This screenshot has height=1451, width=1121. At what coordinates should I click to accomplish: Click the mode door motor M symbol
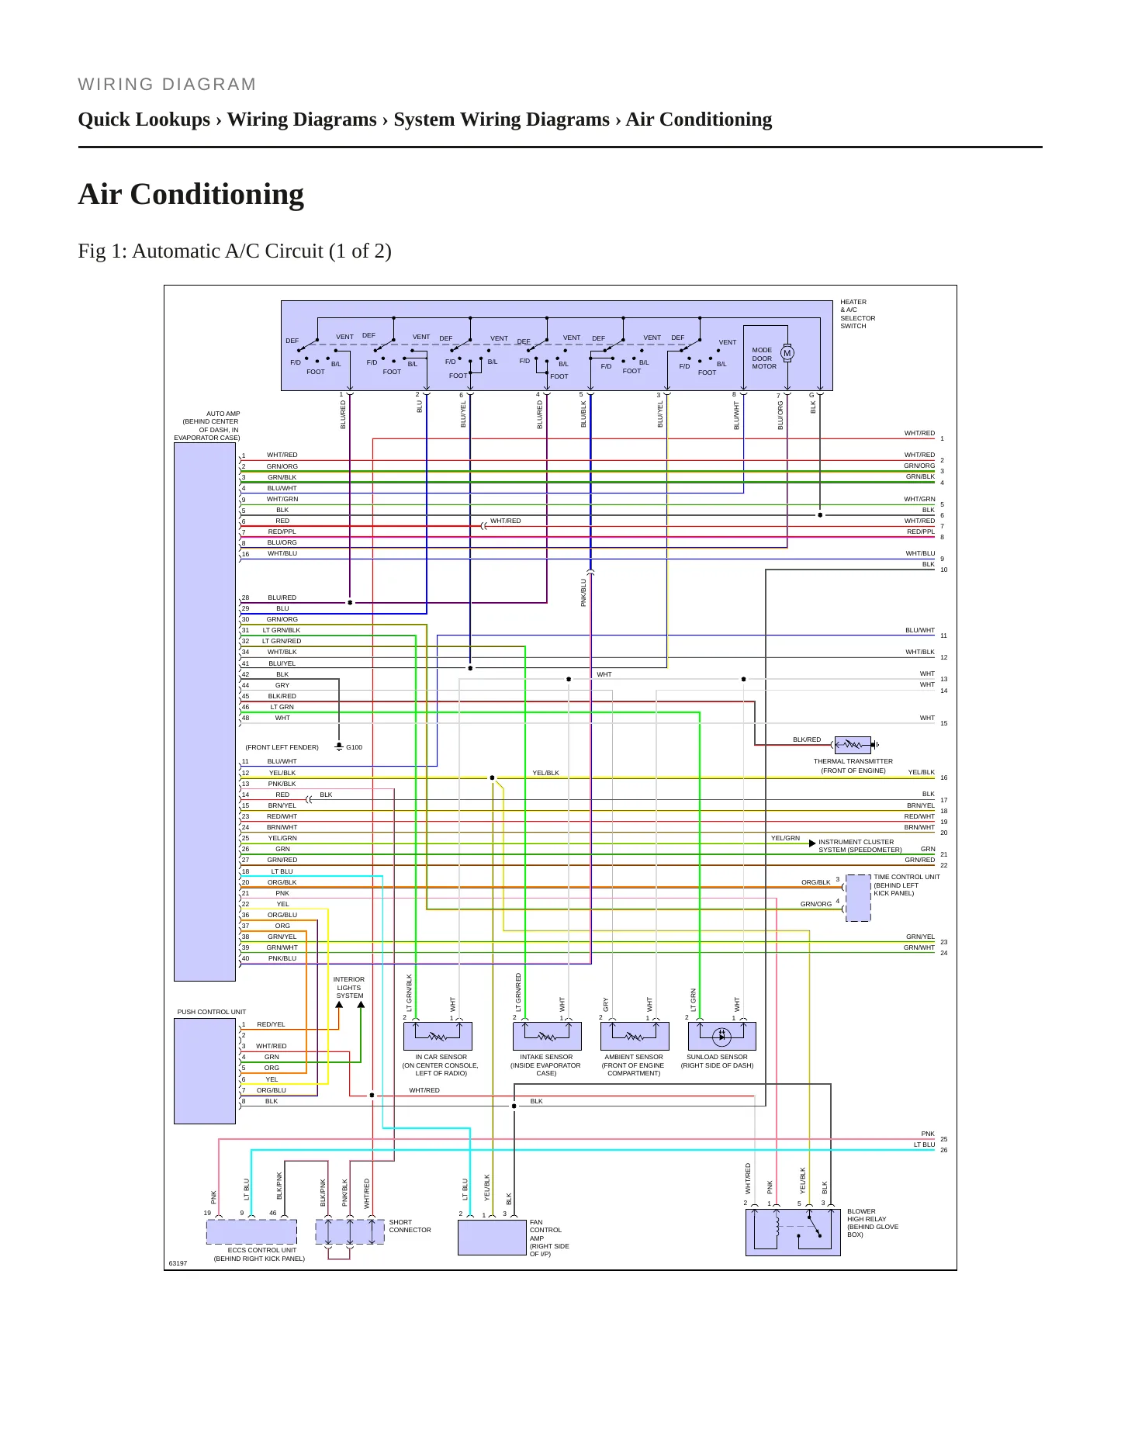click(x=787, y=353)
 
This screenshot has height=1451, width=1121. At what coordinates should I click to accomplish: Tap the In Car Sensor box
click(x=438, y=1036)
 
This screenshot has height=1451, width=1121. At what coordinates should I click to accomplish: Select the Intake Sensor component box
click(x=547, y=1036)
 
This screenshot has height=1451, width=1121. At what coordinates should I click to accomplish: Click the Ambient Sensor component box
click(x=635, y=1036)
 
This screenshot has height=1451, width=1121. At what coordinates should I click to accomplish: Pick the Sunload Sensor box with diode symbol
click(x=722, y=1036)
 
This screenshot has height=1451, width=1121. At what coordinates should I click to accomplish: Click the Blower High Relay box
click(x=793, y=1232)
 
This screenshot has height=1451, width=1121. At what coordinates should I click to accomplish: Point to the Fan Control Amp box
click(x=492, y=1238)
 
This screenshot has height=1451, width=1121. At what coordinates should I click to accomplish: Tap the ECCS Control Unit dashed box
click(x=251, y=1231)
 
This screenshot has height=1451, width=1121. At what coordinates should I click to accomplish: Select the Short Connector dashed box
click(x=350, y=1231)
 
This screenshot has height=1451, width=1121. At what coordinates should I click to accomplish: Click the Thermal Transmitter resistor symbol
click(x=853, y=745)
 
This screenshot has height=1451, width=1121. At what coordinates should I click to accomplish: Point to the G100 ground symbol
click(x=339, y=746)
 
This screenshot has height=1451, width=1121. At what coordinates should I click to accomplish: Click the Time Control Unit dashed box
click(x=858, y=898)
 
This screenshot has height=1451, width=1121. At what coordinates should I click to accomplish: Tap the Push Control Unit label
click(x=212, y=1012)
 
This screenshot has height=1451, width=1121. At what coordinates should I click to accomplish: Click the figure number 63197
click(x=178, y=1263)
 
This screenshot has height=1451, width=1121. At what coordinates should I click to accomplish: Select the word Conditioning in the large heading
click(x=217, y=194)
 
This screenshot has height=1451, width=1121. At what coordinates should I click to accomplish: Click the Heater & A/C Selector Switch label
click(x=858, y=314)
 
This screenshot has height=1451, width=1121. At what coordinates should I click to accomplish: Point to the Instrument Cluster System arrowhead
click(x=812, y=843)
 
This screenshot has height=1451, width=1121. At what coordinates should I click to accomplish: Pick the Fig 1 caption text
click(x=234, y=251)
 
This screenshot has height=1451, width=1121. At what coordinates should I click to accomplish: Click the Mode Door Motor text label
click(x=764, y=358)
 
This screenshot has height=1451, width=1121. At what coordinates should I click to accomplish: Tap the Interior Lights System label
click(x=349, y=988)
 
